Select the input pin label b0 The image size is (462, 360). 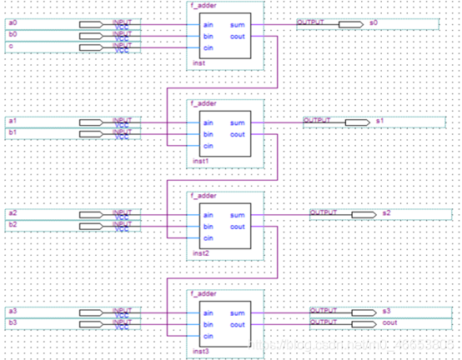point(12,35)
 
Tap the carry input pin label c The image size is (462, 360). point(10,47)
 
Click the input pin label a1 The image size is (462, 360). point(12,122)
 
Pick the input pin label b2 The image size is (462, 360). point(12,225)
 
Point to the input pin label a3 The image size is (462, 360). point(12,311)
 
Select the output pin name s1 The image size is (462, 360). point(379,122)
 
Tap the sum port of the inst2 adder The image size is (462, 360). point(238,215)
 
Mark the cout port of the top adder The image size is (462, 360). point(237,36)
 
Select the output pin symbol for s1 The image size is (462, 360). point(356,122)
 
